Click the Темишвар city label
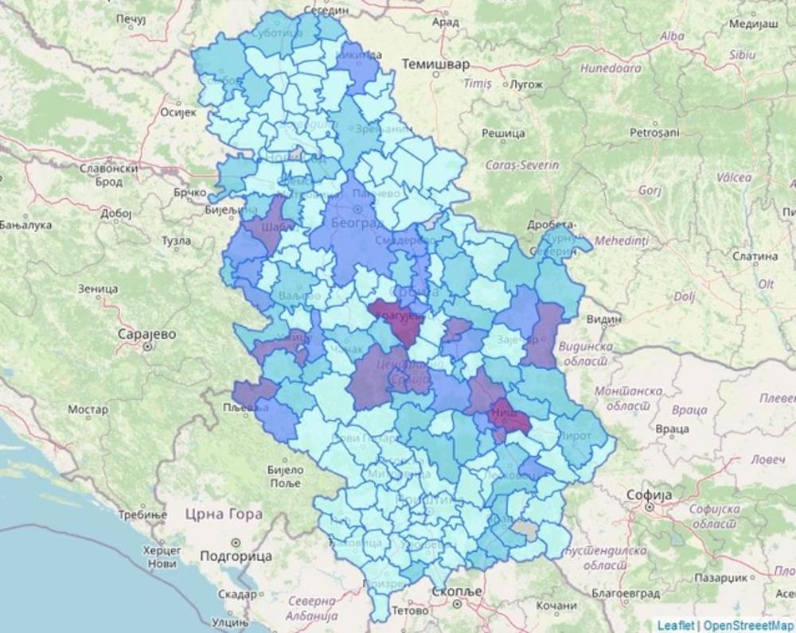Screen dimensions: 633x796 [435, 63]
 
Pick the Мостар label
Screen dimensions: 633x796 [88, 410]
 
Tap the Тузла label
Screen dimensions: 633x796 [176, 240]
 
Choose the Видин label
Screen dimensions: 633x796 [603, 319]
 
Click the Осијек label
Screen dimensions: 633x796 [178, 113]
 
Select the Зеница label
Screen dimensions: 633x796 [96, 288]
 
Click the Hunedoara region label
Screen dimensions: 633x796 [611, 68]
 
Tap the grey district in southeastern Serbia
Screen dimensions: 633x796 [525, 526]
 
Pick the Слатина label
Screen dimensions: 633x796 [755, 256]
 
